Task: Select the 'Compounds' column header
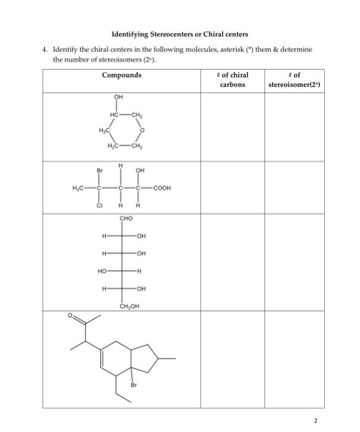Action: (x=121, y=75)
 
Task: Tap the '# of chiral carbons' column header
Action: (x=232, y=80)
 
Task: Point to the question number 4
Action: (x=45, y=48)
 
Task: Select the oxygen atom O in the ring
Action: (x=142, y=130)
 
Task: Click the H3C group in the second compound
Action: (x=75, y=188)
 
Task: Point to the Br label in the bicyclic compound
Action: (x=133, y=385)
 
